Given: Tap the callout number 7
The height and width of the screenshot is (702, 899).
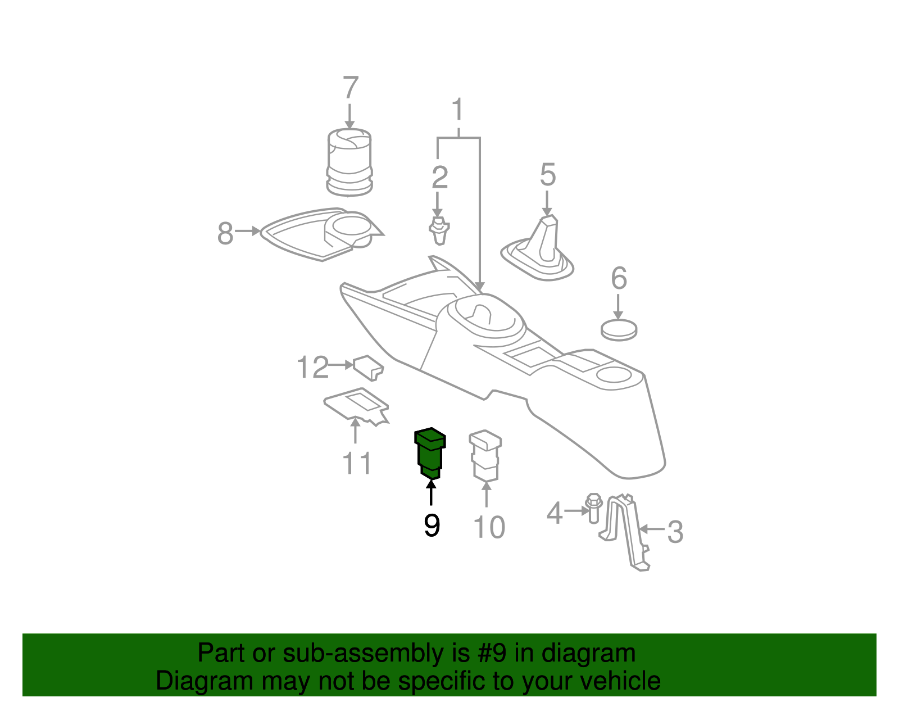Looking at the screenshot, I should tap(350, 88).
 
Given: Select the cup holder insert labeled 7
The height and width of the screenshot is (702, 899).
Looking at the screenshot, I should tap(349, 162).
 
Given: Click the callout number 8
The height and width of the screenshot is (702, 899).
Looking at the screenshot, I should tap(225, 233).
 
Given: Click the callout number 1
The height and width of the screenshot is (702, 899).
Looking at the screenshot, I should tap(458, 109).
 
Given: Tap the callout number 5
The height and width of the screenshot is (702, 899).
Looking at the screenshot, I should tap(547, 175).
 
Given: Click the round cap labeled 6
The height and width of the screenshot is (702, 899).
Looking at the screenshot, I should tap(619, 329).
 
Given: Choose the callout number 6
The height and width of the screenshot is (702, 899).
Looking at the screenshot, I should tap(618, 279).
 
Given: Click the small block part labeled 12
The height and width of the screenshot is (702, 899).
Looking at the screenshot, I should tap(368, 366).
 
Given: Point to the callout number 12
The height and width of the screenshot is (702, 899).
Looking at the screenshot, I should tap(312, 368).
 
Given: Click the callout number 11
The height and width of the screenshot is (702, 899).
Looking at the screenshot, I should tap(357, 464).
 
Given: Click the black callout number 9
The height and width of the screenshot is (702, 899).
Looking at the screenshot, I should tap(432, 526).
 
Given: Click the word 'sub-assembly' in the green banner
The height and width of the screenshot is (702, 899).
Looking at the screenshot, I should tap(363, 654).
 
